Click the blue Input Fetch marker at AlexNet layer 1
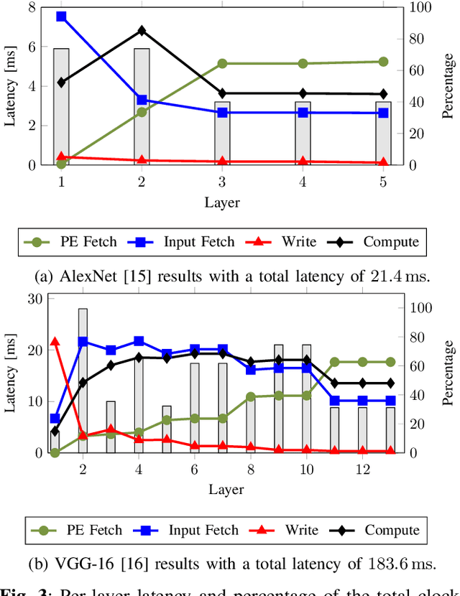coord(61,16)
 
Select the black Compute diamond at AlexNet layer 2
coord(142,31)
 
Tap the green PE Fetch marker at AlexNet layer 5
coord(383,62)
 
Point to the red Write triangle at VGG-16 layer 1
coord(55,342)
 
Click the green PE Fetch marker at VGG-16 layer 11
coord(334,363)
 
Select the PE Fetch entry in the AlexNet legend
coord(70,242)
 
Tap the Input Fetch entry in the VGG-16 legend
coord(185,531)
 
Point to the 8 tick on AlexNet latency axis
coord(30,8)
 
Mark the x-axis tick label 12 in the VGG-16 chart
coord(362,468)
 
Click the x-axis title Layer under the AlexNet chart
coord(221,202)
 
